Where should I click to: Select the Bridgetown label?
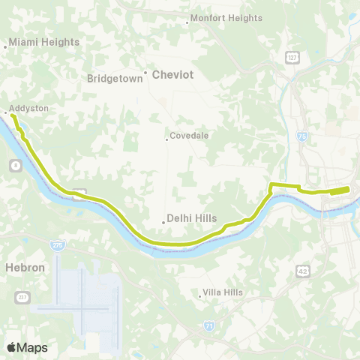(x=115, y=78)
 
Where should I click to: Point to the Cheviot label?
(x=173, y=75)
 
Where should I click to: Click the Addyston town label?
(x=29, y=109)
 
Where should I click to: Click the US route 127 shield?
(x=292, y=57)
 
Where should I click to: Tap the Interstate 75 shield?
(x=301, y=136)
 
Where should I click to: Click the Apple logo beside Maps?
(x=11, y=347)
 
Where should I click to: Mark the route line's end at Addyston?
(x=13, y=115)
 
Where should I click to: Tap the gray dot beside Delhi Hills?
(x=164, y=221)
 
